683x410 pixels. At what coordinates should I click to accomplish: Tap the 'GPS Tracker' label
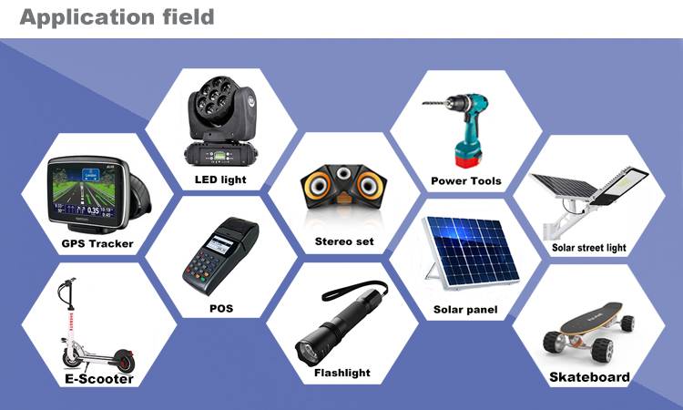[x=97, y=243]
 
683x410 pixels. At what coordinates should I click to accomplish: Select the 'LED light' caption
[x=220, y=179]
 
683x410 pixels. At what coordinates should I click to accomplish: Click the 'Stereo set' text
[x=344, y=241]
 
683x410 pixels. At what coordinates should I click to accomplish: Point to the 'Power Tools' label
[x=465, y=180]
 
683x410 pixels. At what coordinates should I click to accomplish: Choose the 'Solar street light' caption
[x=589, y=247]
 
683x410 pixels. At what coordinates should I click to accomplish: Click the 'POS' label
[x=220, y=308]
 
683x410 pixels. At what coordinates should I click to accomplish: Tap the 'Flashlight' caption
[x=341, y=373]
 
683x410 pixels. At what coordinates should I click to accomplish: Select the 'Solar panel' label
[x=465, y=310]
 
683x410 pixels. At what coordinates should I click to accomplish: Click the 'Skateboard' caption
[x=589, y=377]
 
